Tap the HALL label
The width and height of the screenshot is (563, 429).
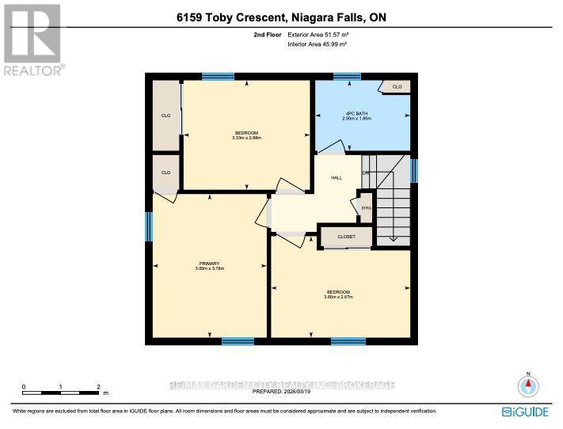336,178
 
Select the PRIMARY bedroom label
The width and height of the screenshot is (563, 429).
209,263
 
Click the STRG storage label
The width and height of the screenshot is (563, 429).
366,208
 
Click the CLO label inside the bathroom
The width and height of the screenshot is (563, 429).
397,86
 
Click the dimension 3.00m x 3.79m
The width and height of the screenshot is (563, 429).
209,269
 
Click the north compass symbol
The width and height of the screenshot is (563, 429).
527,385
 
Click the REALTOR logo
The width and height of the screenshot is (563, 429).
32,39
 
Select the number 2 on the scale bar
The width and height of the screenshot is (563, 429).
98,387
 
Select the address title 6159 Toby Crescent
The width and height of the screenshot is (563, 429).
225,17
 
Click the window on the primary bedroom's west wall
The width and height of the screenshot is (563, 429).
148,226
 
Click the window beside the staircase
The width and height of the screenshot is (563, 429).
413,170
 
